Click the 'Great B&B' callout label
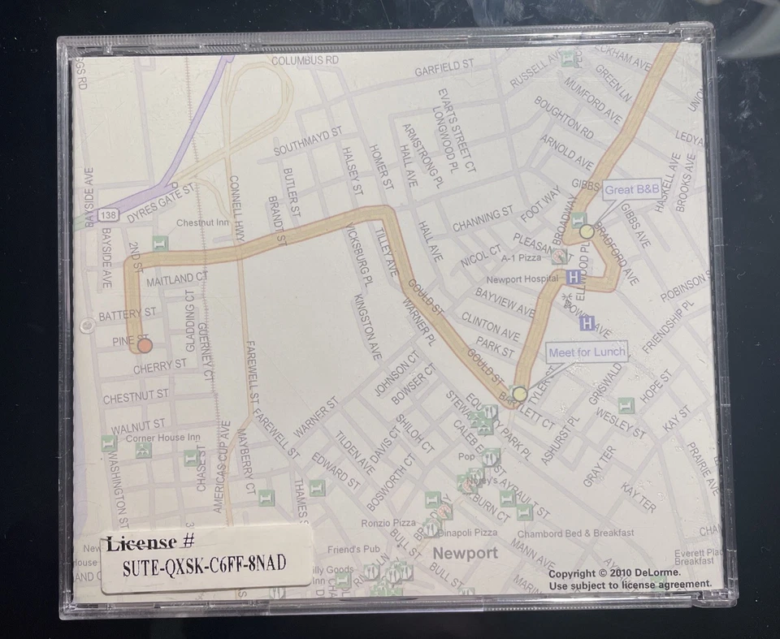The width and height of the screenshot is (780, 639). pyautogui.click(x=632, y=189)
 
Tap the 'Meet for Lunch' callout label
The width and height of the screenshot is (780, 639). pyautogui.click(x=587, y=352)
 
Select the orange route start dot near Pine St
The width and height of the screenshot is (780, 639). pyautogui.click(x=145, y=346)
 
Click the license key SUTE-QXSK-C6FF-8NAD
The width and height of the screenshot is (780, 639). pyautogui.click(x=204, y=565)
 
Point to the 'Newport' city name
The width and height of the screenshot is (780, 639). pyautogui.click(x=465, y=553)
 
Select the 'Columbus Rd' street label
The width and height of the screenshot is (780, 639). pyautogui.click(x=305, y=61)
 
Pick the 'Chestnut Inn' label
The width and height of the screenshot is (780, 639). pyautogui.click(x=202, y=222)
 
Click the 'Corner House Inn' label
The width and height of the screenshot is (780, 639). pyautogui.click(x=162, y=438)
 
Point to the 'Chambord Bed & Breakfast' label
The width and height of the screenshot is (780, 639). pyautogui.click(x=576, y=533)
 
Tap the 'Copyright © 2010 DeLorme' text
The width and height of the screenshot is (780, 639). pyautogui.click(x=614, y=573)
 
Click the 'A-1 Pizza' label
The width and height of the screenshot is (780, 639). pyautogui.click(x=521, y=257)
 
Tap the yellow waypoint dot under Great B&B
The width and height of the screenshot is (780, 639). pyautogui.click(x=587, y=231)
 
